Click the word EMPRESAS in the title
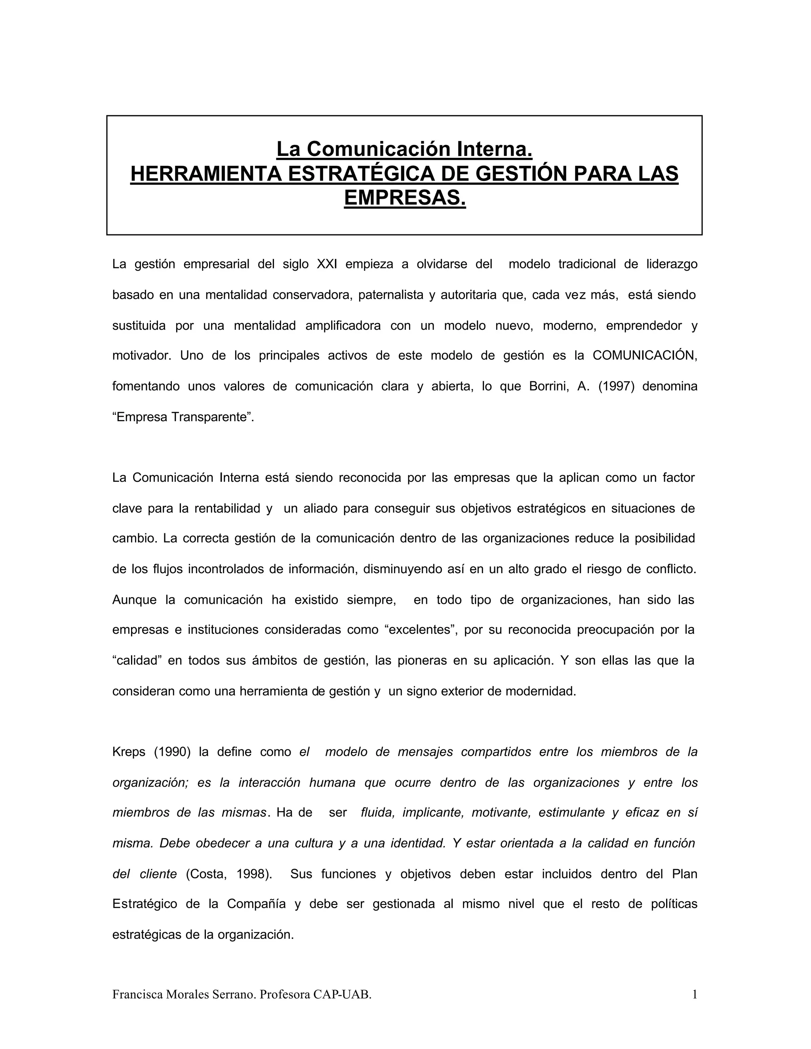pyautogui.click(x=405, y=198)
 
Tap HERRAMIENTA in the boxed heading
pyautogui.click(x=206, y=173)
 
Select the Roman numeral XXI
pyautogui.click(x=327, y=264)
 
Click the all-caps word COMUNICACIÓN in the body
pyautogui.click(x=644, y=355)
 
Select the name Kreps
pyautogui.click(x=129, y=752)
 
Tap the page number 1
pyautogui.click(x=694, y=994)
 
